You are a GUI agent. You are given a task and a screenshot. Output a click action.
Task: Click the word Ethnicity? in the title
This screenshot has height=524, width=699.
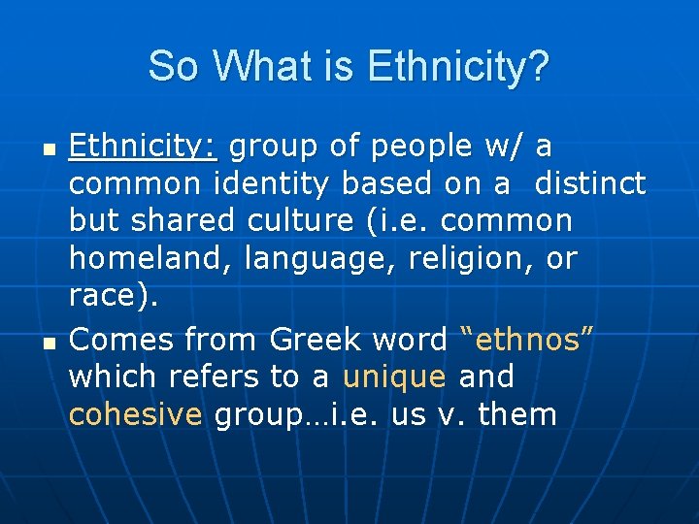click(x=458, y=67)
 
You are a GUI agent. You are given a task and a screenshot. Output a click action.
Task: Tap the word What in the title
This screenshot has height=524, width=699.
click(x=253, y=67)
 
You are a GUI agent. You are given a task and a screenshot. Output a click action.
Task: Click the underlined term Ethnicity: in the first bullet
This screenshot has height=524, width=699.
click(x=146, y=147)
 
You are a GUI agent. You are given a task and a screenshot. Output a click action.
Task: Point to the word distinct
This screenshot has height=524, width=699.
click(x=590, y=183)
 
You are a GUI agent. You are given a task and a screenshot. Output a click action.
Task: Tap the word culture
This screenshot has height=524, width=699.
click(x=300, y=221)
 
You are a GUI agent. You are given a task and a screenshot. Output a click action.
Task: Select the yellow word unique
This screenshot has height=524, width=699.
click(x=394, y=377)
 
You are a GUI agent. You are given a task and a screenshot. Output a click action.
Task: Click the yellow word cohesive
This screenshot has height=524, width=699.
click(x=135, y=415)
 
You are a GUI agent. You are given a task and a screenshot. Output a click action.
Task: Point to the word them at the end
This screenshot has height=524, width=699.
click(x=517, y=415)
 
